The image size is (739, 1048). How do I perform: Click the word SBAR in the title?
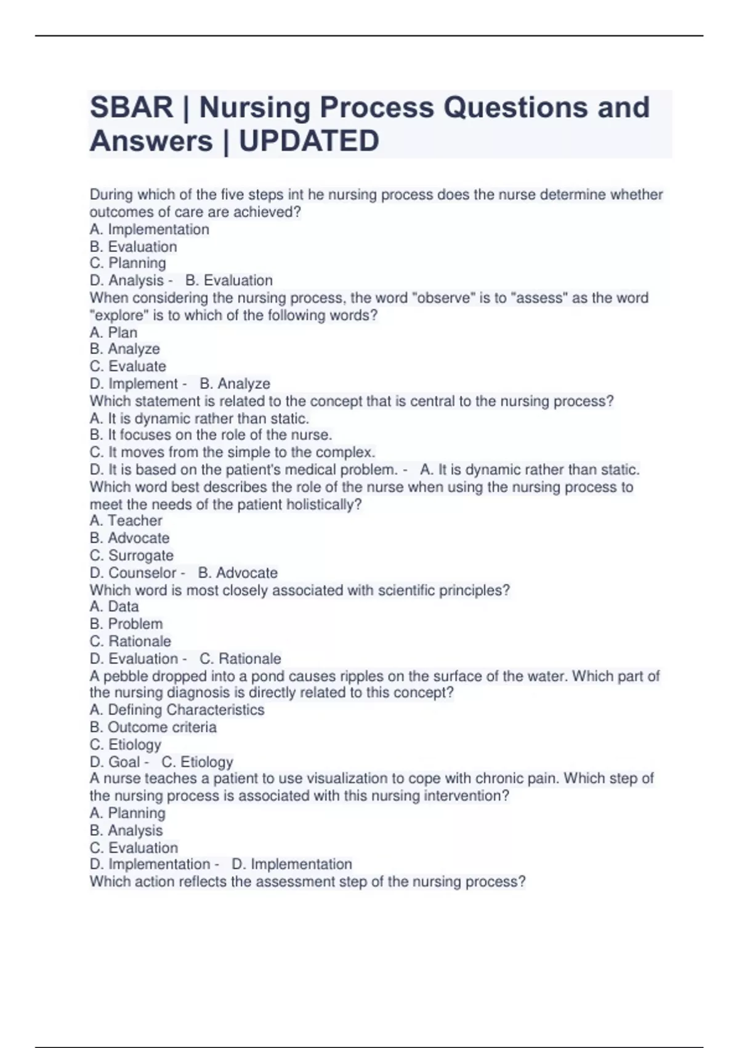pyautogui.click(x=131, y=107)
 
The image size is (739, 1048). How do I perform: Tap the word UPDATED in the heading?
pyautogui.click(x=309, y=141)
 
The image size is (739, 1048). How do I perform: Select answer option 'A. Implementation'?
pyautogui.click(x=149, y=229)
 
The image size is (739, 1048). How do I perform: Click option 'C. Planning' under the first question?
pyautogui.click(x=127, y=263)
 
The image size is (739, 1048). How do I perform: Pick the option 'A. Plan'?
pyautogui.click(x=113, y=332)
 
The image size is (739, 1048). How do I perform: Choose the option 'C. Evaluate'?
pyautogui.click(x=127, y=366)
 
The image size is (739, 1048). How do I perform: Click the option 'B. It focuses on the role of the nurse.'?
pyautogui.click(x=211, y=435)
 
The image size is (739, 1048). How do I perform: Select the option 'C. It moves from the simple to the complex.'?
pyautogui.click(x=232, y=452)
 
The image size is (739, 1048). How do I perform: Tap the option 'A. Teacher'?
pyautogui.click(x=126, y=521)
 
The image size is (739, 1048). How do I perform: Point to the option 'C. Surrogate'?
pyautogui.click(x=131, y=555)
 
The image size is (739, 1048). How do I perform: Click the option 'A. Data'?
pyautogui.click(x=114, y=607)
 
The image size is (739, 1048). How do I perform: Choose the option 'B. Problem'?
pyautogui.click(x=126, y=624)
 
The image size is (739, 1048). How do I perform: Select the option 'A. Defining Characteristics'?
pyautogui.click(x=177, y=710)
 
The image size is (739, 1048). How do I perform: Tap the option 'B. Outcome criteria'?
pyautogui.click(x=153, y=727)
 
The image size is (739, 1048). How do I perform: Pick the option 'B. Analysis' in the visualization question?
pyautogui.click(x=126, y=830)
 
